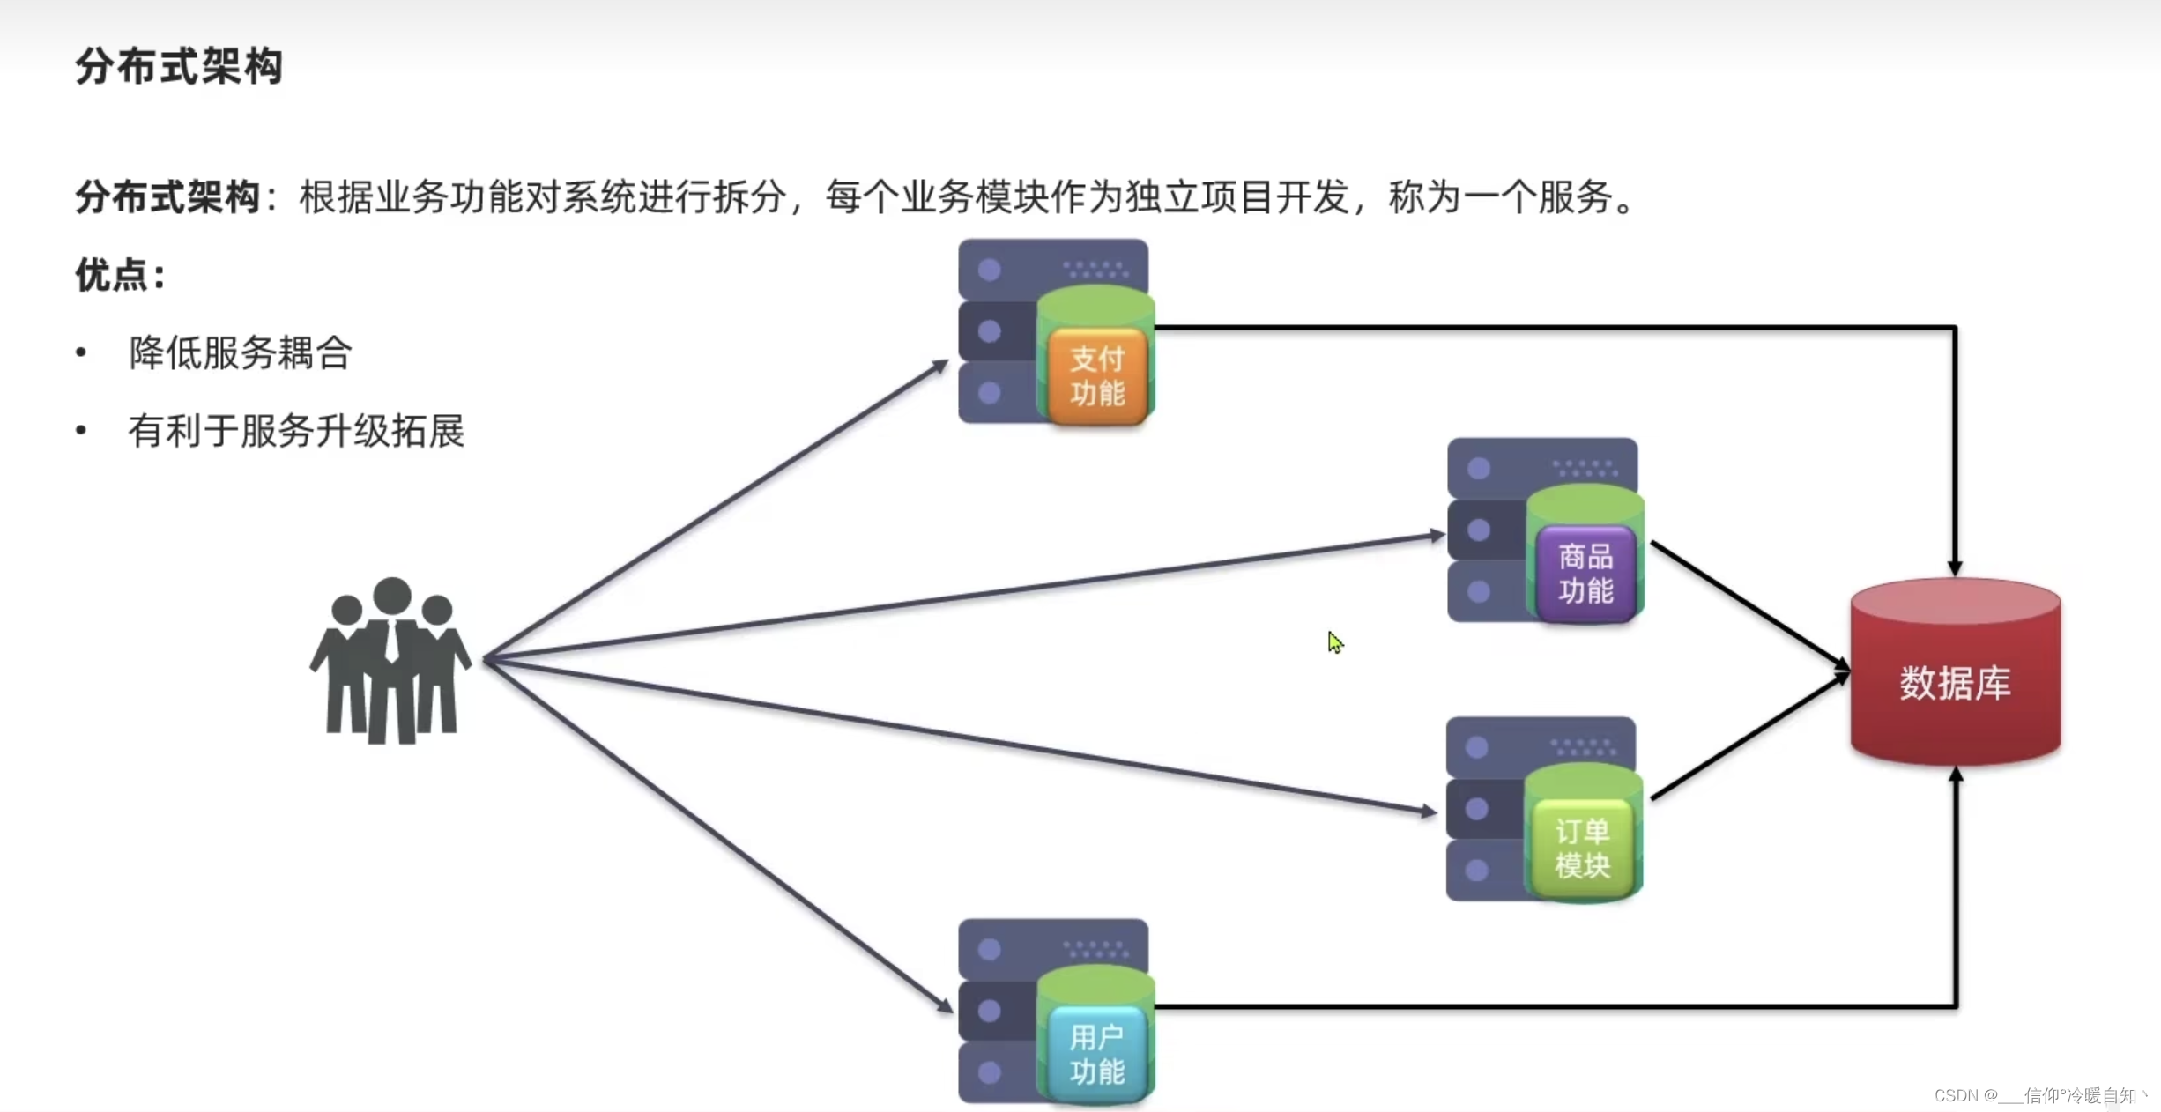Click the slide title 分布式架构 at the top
[179, 67]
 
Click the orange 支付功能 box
[1098, 376]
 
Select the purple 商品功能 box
[1585, 574]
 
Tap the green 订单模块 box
[1582, 849]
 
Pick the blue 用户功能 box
[1097, 1055]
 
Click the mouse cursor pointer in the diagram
[1334, 641]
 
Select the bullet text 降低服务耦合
[241, 353]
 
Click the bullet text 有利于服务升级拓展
[296, 431]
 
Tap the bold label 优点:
[120, 276]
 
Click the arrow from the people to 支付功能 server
[714, 511]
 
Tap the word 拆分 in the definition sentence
[749, 197]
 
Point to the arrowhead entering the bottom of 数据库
[1956, 776]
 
